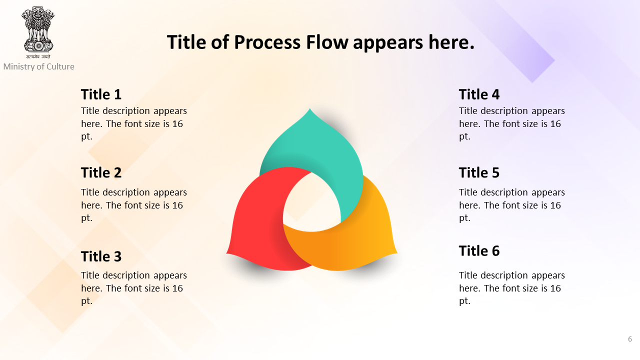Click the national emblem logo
(38, 32)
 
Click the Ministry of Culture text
(39, 66)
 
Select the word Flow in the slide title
(327, 42)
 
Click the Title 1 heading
(101, 94)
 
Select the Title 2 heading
(101, 172)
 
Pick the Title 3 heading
(101, 256)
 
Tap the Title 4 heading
(479, 94)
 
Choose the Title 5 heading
(479, 172)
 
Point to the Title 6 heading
(479, 251)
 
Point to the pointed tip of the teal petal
(310, 108)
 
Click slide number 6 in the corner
(629, 339)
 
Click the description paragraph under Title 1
(133, 123)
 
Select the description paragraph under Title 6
(511, 288)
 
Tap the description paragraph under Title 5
(511, 205)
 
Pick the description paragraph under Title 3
(133, 288)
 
